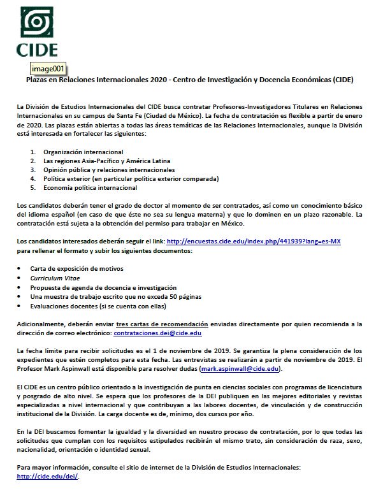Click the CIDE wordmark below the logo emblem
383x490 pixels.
(x=40, y=50)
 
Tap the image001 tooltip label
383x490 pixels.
(x=48, y=69)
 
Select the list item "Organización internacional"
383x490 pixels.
(x=83, y=152)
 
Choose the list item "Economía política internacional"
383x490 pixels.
(x=90, y=188)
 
